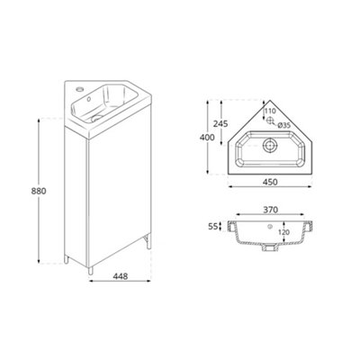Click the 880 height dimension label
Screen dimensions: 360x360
(x=39, y=191)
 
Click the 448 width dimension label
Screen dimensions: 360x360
(x=121, y=276)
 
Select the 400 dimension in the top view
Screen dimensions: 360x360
(x=208, y=138)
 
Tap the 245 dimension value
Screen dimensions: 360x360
(x=220, y=123)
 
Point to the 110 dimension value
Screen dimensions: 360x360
(x=270, y=111)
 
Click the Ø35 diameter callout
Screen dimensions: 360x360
(x=283, y=126)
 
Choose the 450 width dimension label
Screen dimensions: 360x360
(x=270, y=182)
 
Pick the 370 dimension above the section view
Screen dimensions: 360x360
(x=271, y=210)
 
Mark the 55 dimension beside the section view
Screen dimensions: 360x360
(x=212, y=227)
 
